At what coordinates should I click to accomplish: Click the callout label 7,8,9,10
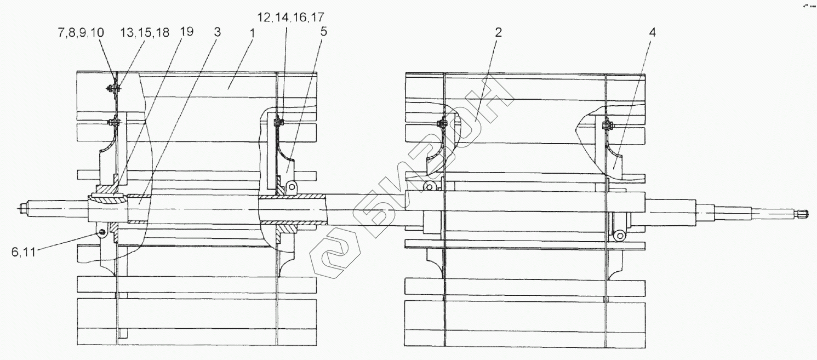(x=81, y=33)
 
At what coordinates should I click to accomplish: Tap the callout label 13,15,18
(x=145, y=33)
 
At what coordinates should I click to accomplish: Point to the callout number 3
(x=217, y=32)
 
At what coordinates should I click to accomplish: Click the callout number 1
(x=252, y=33)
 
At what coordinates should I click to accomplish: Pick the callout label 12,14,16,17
(x=291, y=17)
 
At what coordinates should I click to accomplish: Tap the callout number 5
(x=323, y=32)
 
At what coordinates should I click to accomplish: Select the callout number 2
(x=498, y=32)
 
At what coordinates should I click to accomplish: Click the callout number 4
(x=652, y=33)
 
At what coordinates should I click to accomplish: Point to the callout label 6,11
(x=24, y=252)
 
